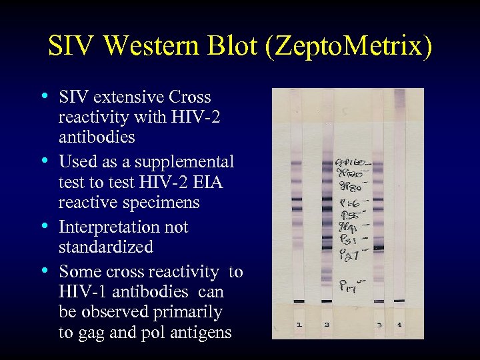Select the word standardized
click(x=106, y=247)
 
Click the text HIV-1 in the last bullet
click(x=83, y=292)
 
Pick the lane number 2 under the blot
click(x=327, y=324)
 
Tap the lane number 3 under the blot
click(x=379, y=324)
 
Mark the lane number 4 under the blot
click(x=400, y=324)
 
